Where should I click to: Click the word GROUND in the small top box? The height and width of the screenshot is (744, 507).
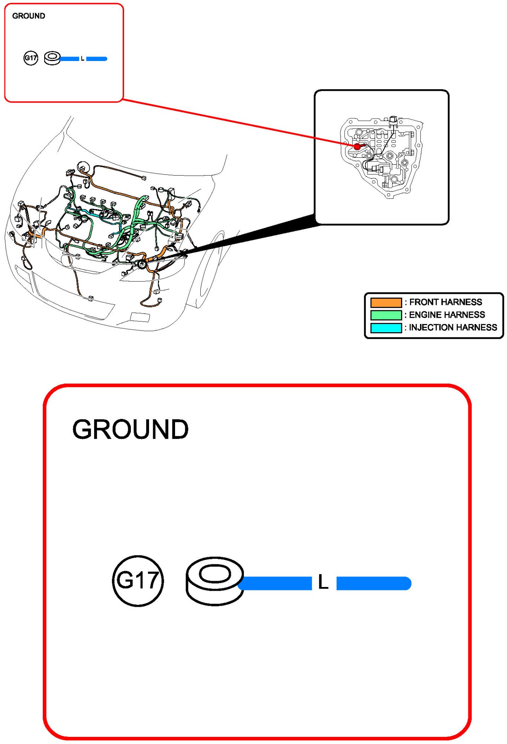click(x=29, y=16)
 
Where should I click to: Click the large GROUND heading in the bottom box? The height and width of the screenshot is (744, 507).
click(x=130, y=429)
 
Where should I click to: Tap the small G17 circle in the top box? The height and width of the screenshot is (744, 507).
click(x=30, y=58)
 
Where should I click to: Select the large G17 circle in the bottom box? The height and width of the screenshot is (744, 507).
click(x=138, y=581)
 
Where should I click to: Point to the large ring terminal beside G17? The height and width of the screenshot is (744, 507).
click(x=214, y=580)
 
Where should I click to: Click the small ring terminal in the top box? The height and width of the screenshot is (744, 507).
click(x=52, y=58)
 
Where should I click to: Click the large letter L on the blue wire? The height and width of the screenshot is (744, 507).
click(x=323, y=582)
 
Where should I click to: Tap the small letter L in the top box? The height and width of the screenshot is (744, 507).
click(x=83, y=59)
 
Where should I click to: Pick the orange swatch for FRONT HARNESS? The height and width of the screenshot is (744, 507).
click(x=386, y=302)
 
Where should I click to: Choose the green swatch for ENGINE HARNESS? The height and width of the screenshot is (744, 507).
click(x=386, y=315)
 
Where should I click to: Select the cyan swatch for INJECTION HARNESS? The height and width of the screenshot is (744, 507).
click(x=386, y=328)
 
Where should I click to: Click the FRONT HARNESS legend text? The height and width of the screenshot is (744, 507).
click(x=445, y=302)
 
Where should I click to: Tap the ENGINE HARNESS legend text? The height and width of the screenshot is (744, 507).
click(x=447, y=315)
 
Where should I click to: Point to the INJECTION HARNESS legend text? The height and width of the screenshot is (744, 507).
click(x=453, y=327)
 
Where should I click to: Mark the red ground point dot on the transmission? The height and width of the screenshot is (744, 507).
click(x=357, y=147)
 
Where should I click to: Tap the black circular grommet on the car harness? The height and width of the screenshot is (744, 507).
click(x=142, y=264)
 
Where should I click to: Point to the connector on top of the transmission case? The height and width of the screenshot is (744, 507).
click(x=393, y=121)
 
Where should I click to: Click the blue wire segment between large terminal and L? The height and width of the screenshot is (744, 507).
click(x=277, y=583)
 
